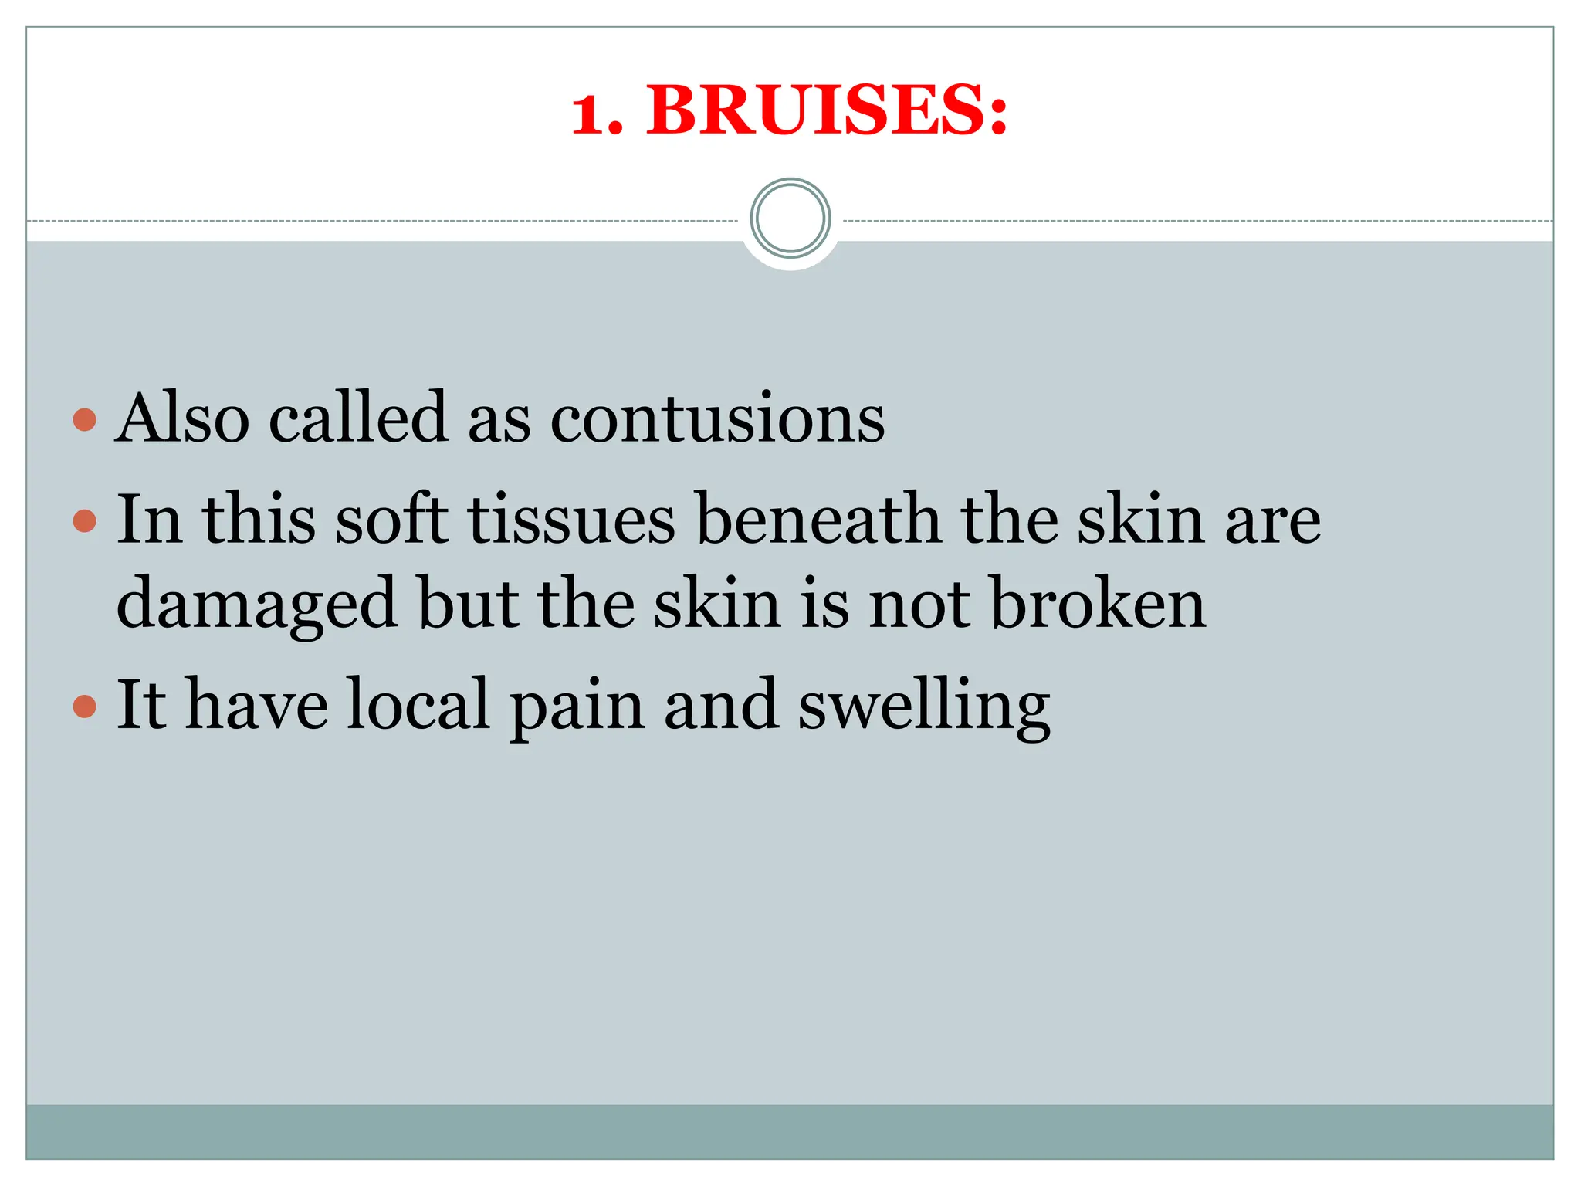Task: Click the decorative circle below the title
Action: tap(790, 219)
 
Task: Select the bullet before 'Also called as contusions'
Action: tap(84, 420)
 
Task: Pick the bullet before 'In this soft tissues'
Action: tap(84, 521)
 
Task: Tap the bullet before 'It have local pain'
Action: tap(84, 706)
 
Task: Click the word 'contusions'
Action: tap(717, 418)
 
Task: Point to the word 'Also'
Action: tap(183, 418)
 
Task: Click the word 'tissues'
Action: tap(571, 519)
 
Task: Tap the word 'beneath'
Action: tap(818, 519)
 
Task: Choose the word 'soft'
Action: tap(392, 519)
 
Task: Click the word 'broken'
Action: tap(1098, 603)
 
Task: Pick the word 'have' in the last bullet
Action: tap(257, 704)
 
